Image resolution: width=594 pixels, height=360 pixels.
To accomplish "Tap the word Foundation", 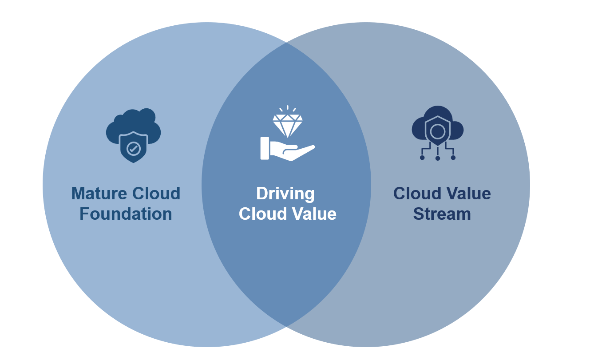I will (x=126, y=214).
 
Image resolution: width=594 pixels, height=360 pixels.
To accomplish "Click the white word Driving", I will (x=285, y=194).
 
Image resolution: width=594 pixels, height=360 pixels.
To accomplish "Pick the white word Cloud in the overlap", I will (x=262, y=214).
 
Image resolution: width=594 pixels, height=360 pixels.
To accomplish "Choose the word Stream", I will (x=442, y=214).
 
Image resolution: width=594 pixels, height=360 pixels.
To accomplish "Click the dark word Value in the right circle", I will (x=467, y=194).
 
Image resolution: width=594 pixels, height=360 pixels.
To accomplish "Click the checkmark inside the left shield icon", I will (x=133, y=148).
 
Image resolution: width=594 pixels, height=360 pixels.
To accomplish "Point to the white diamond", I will (x=287, y=125).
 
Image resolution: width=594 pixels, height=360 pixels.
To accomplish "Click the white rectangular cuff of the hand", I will (x=265, y=148).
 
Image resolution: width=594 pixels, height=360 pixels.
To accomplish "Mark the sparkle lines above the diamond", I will (x=287, y=108).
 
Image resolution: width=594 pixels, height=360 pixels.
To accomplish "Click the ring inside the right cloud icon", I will (x=437, y=131).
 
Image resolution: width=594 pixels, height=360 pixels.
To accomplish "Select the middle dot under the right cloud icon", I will (x=437, y=158).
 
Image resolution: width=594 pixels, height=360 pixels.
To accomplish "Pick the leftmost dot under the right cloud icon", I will (x=422, y=157).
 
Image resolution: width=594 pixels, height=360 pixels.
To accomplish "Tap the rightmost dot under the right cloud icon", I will (x=453, y=157).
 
